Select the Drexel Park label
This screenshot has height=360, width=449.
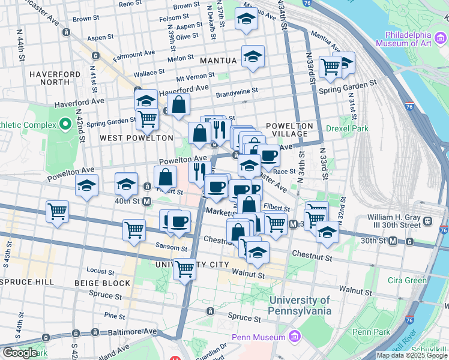point(347,128)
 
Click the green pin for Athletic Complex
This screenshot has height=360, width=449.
point(65,125)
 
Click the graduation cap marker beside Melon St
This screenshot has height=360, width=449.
point(253,57)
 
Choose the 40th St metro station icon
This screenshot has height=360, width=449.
point(147,201)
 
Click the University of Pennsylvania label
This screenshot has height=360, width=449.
point(300,305)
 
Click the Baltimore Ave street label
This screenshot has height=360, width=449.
point(135,331)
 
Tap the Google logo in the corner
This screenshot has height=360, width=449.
point(19,353)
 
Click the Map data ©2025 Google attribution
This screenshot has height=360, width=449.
point(412,355)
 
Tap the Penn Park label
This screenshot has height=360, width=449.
point(371,332)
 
